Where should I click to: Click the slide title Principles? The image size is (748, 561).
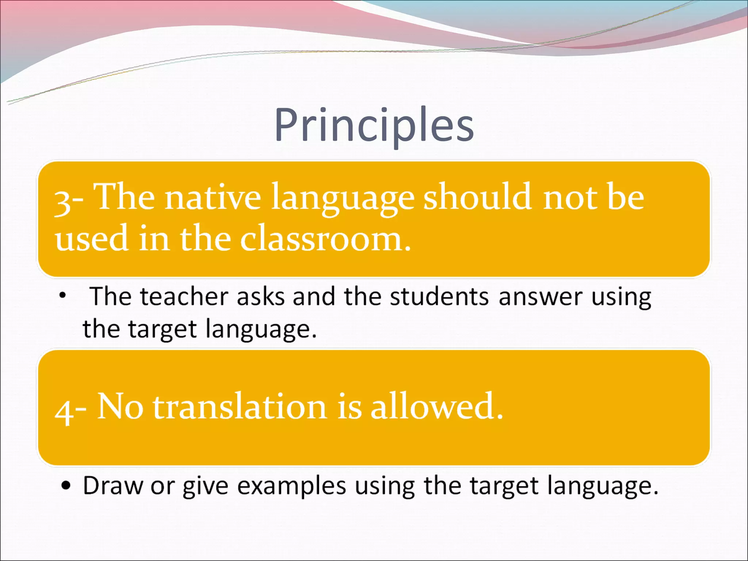(374, 125)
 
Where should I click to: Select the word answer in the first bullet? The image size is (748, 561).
(540, 297)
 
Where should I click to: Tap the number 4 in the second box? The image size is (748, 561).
(64, 411)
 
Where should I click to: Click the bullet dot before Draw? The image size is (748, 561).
(66, 486)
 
